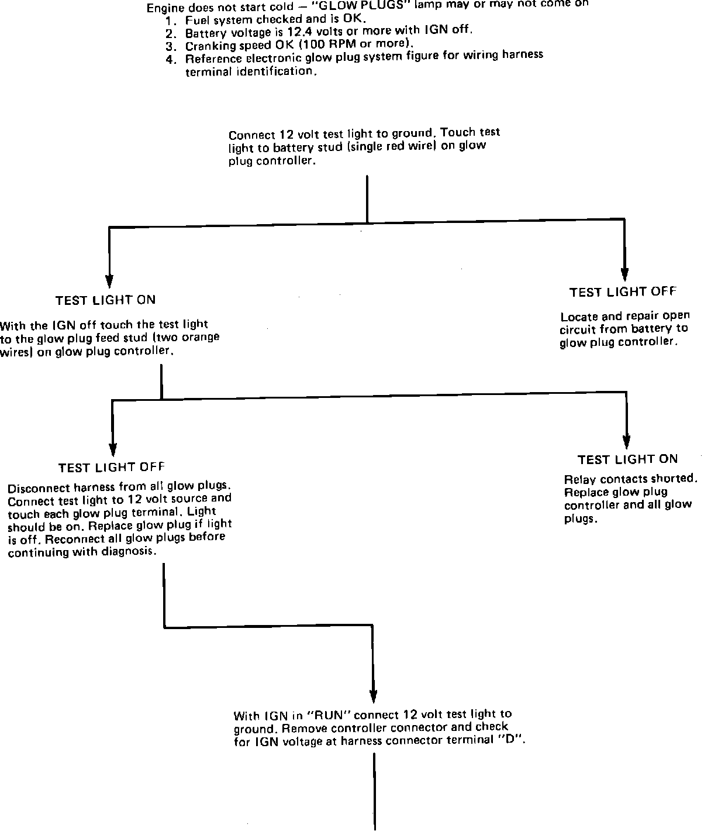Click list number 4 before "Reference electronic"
coord(170,59)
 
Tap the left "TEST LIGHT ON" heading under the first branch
coord(105,300)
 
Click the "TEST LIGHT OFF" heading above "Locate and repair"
coord(623,291)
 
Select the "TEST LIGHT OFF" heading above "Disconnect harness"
coord(111,468)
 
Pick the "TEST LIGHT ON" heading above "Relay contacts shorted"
coord(627,459)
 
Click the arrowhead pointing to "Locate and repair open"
coord(624,274)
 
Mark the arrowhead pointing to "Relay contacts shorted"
coord(627,441)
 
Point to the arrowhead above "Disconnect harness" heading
coord(113,448)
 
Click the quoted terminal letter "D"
coord(516,740)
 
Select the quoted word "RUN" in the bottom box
coord(332,715)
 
